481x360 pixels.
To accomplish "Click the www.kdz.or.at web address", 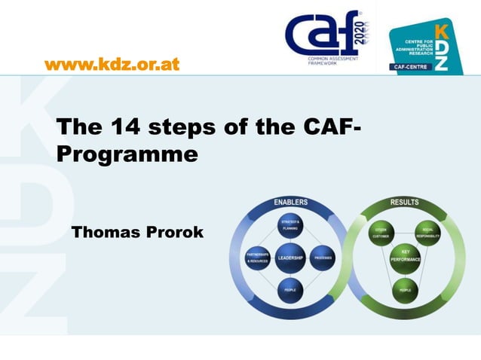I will [x=112, y=64].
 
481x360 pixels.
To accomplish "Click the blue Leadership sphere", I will [x=290, y=258].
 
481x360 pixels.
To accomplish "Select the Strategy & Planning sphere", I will [x=290, y=226].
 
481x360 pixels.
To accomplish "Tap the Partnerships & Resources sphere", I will [x=258, y=258].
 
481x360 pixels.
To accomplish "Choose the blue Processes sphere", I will [x=323, y=258].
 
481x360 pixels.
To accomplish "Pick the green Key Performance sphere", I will [x=405, y=258].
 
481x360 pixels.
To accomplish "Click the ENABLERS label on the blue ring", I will [x=290, y=202].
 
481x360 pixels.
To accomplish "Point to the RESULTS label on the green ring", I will [x=405, y=202].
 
